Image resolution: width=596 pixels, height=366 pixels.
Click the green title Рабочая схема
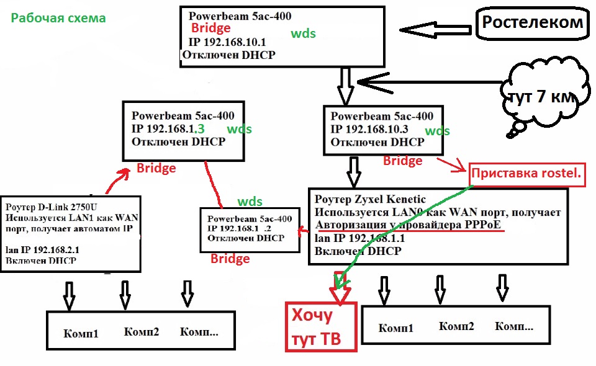pos(58,18)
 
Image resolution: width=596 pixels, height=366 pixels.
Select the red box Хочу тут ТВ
pos(320,326)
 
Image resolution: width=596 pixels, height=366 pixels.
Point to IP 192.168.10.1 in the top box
pos(228,43)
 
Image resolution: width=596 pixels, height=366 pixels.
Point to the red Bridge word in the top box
pos(210,28)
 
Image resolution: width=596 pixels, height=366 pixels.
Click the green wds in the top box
pos(303,33)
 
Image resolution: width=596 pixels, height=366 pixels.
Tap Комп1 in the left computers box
pos(81,333)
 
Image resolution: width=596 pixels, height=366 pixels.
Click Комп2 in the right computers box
pos(456,326)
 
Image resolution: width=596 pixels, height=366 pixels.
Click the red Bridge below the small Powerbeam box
pos(230,258)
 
